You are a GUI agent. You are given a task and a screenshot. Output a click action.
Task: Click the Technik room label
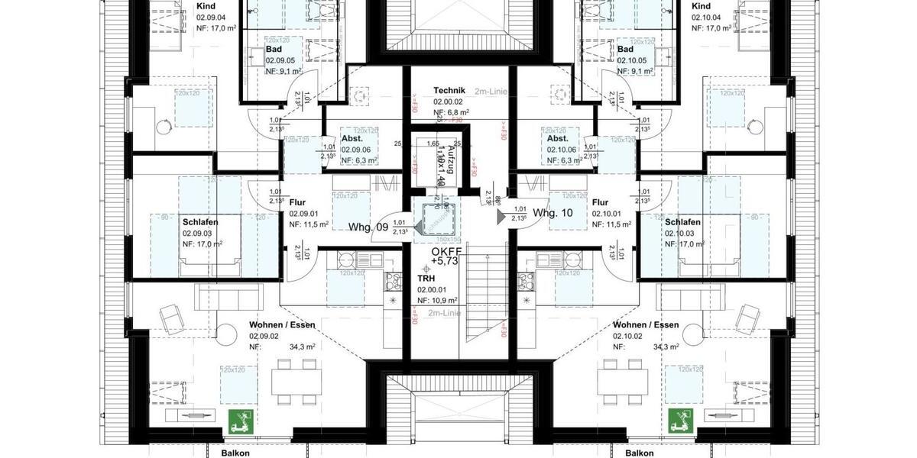click(449, 90)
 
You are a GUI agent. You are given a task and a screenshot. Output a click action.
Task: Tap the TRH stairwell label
click(426, 279)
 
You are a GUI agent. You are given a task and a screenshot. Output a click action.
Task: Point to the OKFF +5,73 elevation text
click(446, 256)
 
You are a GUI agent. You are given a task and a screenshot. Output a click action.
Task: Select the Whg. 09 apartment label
click(368, 227)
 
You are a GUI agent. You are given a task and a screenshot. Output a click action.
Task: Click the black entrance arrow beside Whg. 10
click(501, 217)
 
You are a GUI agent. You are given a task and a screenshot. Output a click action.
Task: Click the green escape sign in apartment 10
click(679, 419)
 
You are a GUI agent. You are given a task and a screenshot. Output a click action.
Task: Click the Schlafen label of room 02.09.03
click(199, 221)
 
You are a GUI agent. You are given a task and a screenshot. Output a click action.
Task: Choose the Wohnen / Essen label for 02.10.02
click(646, 324)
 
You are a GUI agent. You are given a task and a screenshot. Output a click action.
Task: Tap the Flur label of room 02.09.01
click(297, 202)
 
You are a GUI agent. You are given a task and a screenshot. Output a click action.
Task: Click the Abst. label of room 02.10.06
click(557, 139)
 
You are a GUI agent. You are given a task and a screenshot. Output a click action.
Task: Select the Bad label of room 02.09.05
click(274, 50)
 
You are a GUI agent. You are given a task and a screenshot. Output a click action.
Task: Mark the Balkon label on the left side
click(235, 453)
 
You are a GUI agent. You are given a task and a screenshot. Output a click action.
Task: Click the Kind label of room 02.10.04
click(700, 6)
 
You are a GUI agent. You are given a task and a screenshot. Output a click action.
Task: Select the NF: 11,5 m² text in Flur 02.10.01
click(611, 224)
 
